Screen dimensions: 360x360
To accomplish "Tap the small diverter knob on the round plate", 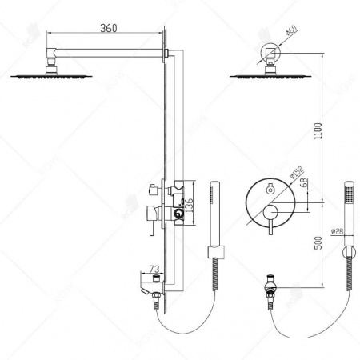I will tap(270, 190).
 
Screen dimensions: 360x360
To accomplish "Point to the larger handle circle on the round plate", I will tap(272, 211).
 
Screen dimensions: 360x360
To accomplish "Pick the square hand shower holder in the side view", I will tap(213, 254).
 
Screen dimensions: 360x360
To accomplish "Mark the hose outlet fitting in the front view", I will tap(270, 286).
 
